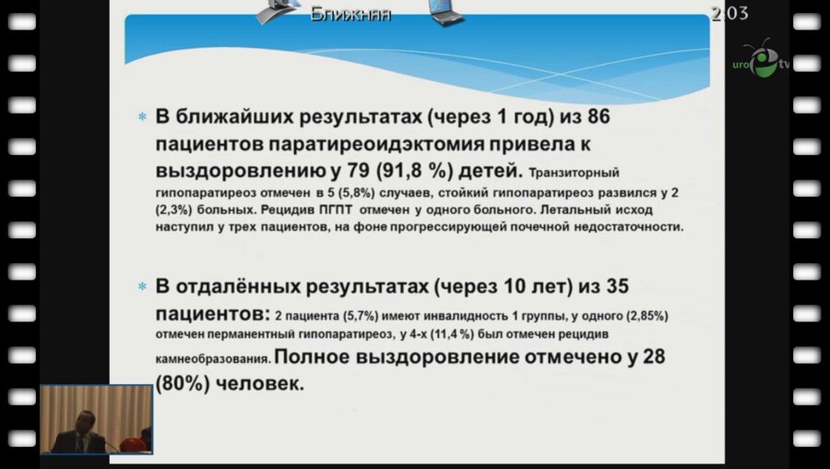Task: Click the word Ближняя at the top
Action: click(350, 14)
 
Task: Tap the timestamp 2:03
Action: click(729, 14)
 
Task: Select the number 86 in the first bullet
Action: click(593, 119)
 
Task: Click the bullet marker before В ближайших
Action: click(142, 119)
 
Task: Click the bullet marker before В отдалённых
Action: click(142, 287)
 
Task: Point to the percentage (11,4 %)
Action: click(495, 333)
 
